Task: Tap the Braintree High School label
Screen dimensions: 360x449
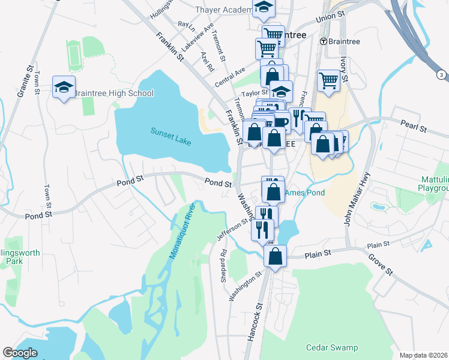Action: click(113, 93)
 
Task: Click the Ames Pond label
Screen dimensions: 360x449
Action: click(304, 193)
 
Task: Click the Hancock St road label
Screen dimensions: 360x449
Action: click(253, 325)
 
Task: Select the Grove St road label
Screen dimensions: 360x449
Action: click(381, 264)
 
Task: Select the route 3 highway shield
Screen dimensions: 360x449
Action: click(442, 74)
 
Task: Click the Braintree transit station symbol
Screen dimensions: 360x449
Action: click(323, 41)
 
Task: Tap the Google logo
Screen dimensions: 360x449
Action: click(20, 353)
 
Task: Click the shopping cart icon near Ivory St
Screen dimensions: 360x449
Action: click(329, 80)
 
